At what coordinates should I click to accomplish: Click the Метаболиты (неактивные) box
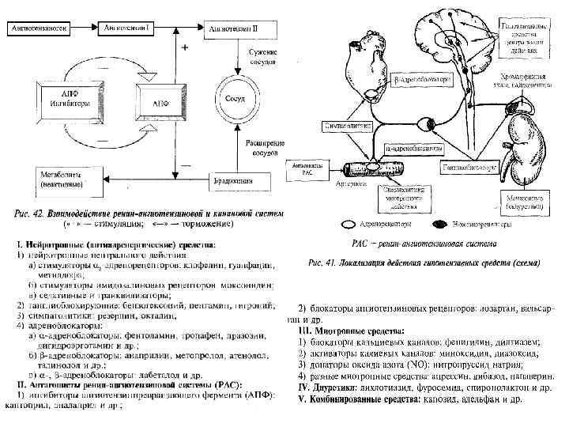pos(66,179)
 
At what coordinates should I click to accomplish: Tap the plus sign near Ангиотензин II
pos(185,49)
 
